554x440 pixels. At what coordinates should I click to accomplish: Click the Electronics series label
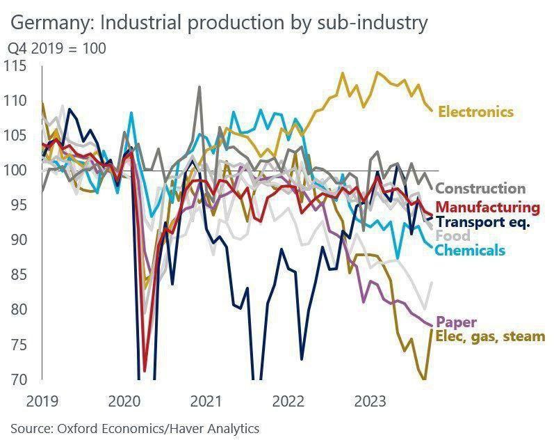pos(475,111)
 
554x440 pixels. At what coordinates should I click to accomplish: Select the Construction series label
pos(480,188)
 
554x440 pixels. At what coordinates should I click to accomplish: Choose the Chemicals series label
pos(471,250)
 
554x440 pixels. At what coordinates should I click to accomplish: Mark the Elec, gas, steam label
pos(490,337)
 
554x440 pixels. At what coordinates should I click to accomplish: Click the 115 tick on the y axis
pos(15,66)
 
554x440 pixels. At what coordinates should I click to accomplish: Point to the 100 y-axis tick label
pos(15,171)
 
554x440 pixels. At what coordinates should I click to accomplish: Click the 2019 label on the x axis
pos(42,401)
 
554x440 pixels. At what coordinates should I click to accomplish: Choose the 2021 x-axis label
pos(206,401)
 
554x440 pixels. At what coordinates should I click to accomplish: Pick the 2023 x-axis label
pos(370,401)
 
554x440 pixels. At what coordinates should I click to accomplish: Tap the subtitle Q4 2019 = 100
pos(56,49)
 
